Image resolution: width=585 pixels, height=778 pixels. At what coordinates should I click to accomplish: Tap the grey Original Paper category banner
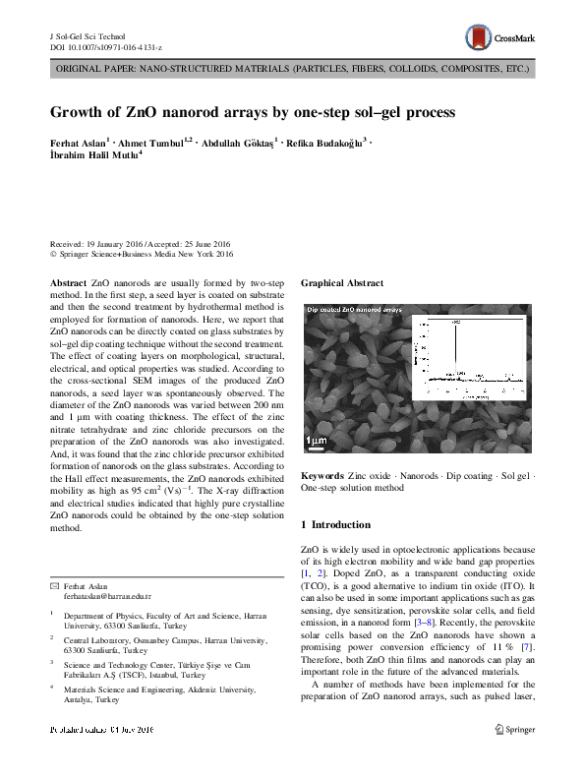(x=292, y=71)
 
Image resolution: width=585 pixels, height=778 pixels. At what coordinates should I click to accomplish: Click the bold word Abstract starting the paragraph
(x=68, y=282)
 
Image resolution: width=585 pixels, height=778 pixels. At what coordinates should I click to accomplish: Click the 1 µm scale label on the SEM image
(x=315, y=439)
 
